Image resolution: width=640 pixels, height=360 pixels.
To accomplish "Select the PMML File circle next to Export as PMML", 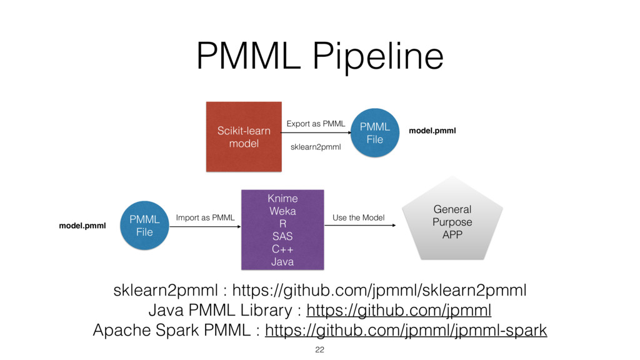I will pos(374,133).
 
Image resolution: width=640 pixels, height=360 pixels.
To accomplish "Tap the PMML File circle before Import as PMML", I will pos(144,226).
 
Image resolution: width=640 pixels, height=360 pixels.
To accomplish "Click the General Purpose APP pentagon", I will pos(452,222).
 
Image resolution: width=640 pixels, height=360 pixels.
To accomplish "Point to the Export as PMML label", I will pos(316,124).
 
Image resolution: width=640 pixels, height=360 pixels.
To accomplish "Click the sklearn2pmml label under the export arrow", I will pos(316,147).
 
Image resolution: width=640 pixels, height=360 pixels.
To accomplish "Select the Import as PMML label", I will pos(205,217).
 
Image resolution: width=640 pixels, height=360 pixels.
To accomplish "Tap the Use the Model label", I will pos(358,217).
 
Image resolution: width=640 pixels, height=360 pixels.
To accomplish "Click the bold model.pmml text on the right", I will pos(432,131).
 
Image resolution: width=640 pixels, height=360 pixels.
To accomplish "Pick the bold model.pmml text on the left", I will pos(82,225).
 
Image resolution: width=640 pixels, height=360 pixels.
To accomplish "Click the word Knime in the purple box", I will pos(282,199).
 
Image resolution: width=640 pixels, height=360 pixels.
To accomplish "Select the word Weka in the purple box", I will pos(282,211).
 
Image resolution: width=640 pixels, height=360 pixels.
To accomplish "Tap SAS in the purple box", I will pos(282,236).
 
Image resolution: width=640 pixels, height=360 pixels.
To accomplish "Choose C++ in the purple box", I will pos(282,249).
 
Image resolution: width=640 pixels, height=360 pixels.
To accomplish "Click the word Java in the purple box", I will pos(282,261).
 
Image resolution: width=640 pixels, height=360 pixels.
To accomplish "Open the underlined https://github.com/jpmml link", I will pos(399,310).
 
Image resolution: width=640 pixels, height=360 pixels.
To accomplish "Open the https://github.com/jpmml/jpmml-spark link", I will pos(406,330).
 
